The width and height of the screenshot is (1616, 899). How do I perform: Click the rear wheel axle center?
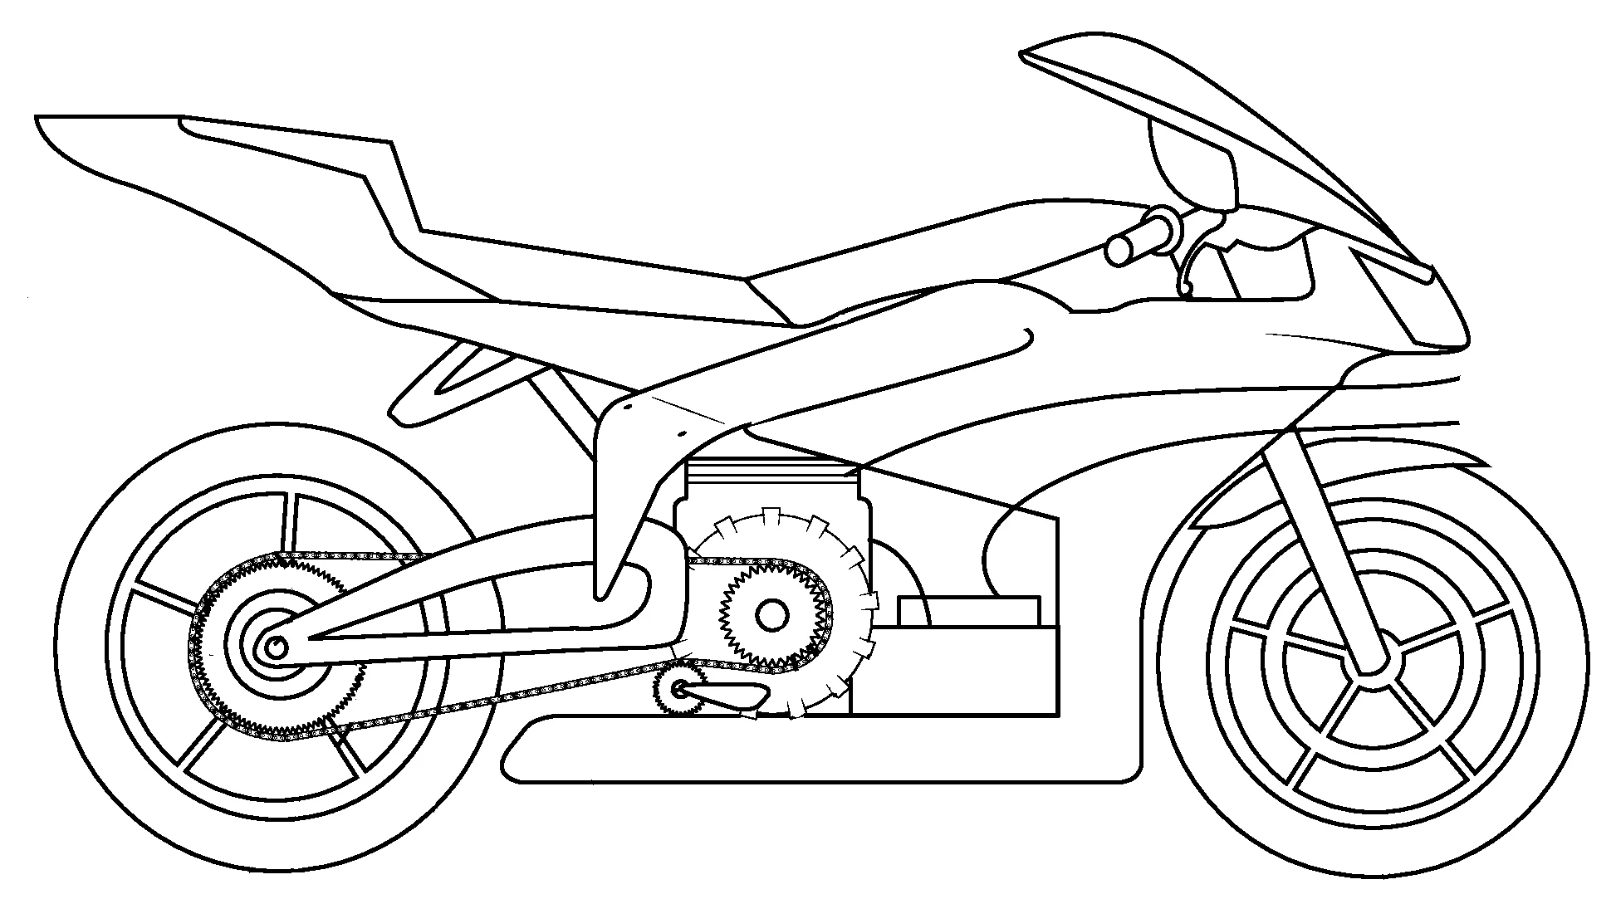(275, 647)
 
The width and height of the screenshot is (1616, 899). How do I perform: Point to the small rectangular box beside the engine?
(967, 610)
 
